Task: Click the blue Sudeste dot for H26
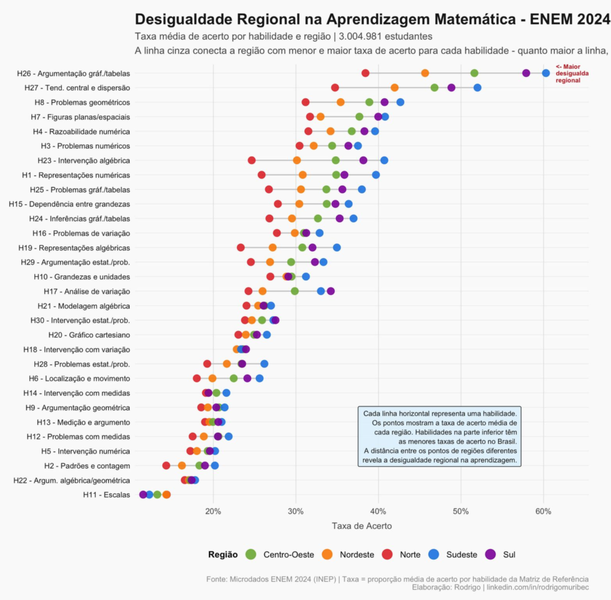click(x=546, y=73)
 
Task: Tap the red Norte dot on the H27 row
click(x=335, y=88)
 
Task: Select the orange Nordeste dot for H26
click(x=425, y=73)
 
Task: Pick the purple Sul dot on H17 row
click(x=331, y=291)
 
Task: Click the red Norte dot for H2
click(x=166, y=466)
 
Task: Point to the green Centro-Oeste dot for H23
click(x=336, y=161)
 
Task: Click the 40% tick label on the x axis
click(x=378, y=511)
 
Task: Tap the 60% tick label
click(x=543, y=511)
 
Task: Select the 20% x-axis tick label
click(x=213, y=511)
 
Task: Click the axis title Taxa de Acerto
click(x=362, y=526)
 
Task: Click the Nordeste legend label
click(x=357, y=555)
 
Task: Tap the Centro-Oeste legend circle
click(x=251, y=555)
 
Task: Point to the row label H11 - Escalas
click(x=107, y=495)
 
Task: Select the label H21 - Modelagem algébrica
click(x=88, y=306)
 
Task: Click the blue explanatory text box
click(x=440, y=437)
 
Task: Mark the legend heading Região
click(x=223, y=555)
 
